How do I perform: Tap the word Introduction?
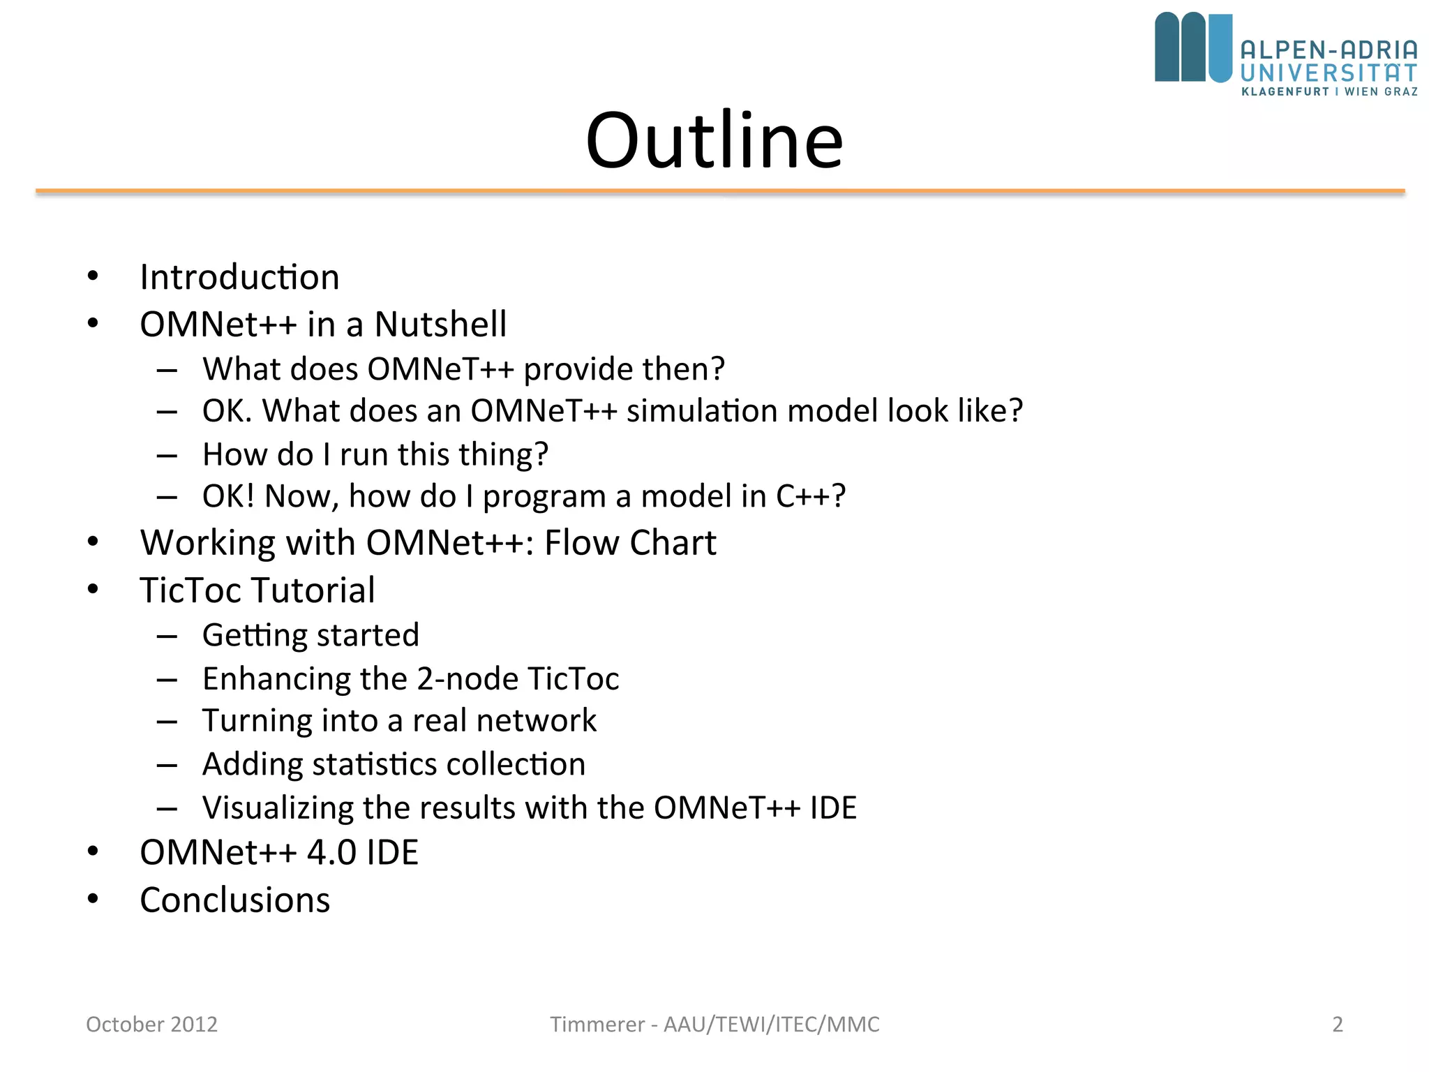[x=239, y=277]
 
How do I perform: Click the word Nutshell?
[x=440, y=325]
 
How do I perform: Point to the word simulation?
[x=702, y=411]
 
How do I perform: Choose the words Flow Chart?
[x=630, y=543]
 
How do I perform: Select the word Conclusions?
[x=234, y=900]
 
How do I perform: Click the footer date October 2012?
[x=151, y=1025]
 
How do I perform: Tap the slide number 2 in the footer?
[x=1337, y=1025]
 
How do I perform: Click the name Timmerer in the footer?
[x=597, y=1025]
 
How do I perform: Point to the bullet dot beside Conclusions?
[x=93, y=899]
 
